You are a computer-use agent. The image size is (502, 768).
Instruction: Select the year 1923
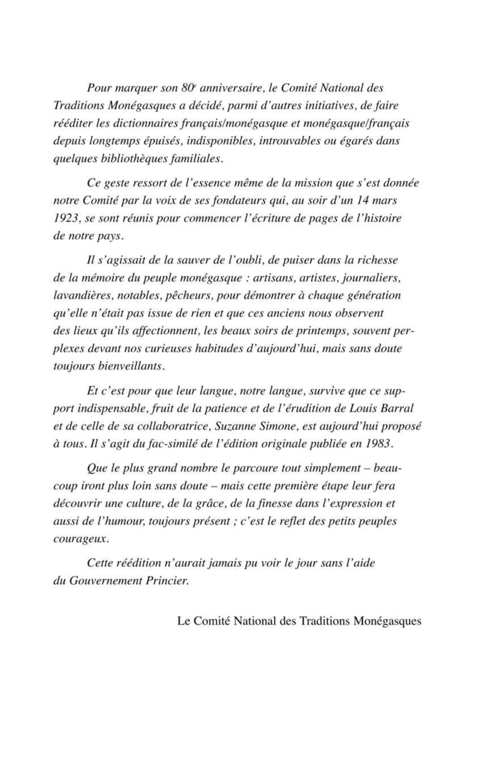pos(67,218)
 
